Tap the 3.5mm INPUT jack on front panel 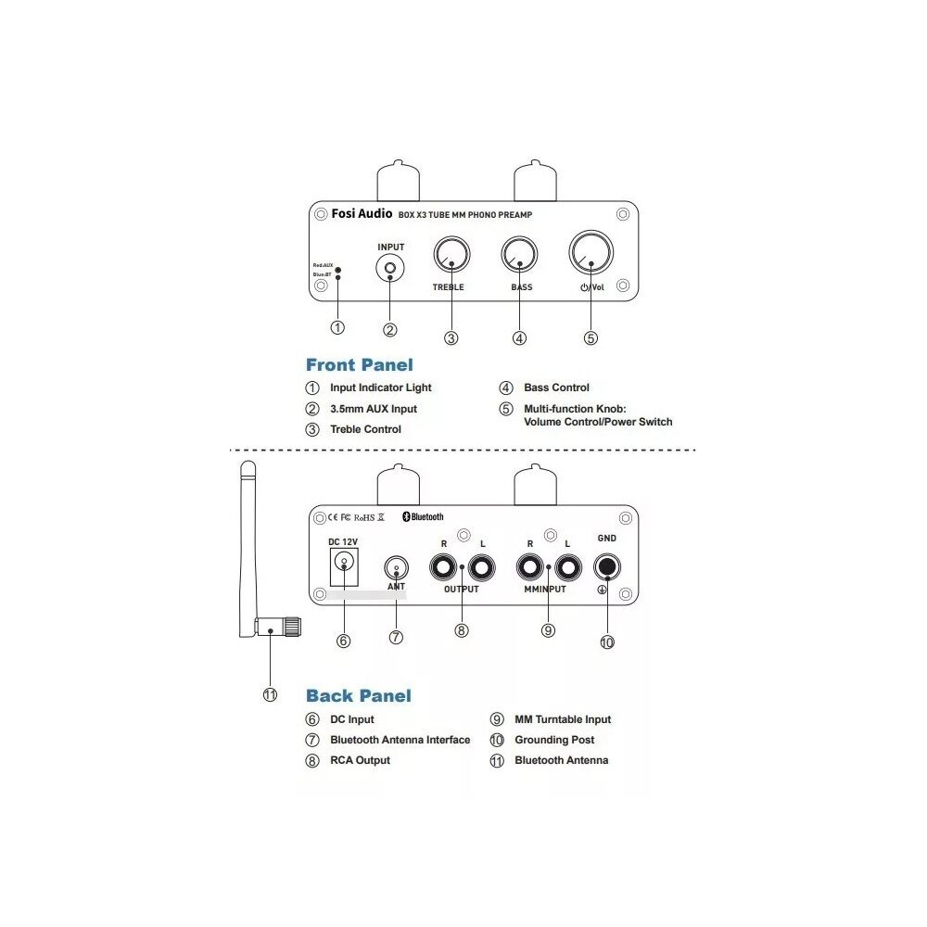(x=390, y=270)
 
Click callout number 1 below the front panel (x=337, y=327)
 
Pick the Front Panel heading (x=360, y=365)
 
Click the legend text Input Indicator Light (x=380, y=387)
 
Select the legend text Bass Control (x=556, y=387)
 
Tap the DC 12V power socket (x=344, y=563)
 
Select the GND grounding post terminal (x=607, y=565)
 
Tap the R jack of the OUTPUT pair (x=443, y=565)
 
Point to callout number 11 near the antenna (x=270, y=695)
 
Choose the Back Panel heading (x=358, y=695)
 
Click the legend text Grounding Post (x=554, y=740)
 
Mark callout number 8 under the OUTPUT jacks (x=462, y=630)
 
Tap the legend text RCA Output (x=360, y=760)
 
